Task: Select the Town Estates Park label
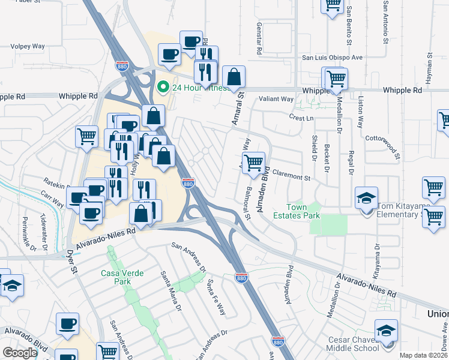(x=295, y=211)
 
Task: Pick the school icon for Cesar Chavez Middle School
(x=386, y=332)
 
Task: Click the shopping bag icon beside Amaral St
(x=234, y=77)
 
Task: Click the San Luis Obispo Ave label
(x=332, y=58)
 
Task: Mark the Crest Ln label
(x=301, y=118)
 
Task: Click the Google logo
(x=20, y=353)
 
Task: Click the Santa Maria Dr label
(x=170, y=290)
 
